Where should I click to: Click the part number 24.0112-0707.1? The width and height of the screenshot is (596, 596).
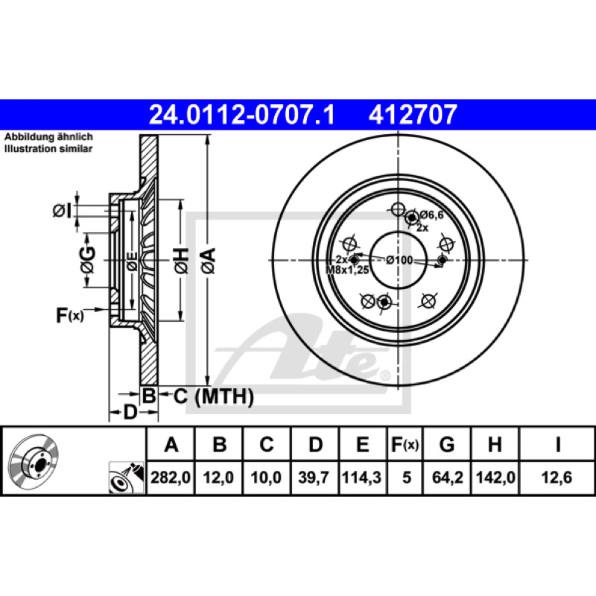[241, 115]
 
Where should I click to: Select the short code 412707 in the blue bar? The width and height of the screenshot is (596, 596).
[413, 115]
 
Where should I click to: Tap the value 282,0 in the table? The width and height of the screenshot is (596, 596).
[171, 478]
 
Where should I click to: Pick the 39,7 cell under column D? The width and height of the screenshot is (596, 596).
[314, 478]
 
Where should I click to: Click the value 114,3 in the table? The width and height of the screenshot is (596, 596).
[361, 478]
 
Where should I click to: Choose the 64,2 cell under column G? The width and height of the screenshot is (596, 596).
[448, 478]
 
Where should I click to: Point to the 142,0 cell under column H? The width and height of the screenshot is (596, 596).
[495, 478]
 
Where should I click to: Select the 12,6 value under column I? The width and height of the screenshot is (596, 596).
[557, 478]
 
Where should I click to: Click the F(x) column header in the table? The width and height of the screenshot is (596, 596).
[405, 444]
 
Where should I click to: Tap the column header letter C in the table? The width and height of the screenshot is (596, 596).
[267, 444]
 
